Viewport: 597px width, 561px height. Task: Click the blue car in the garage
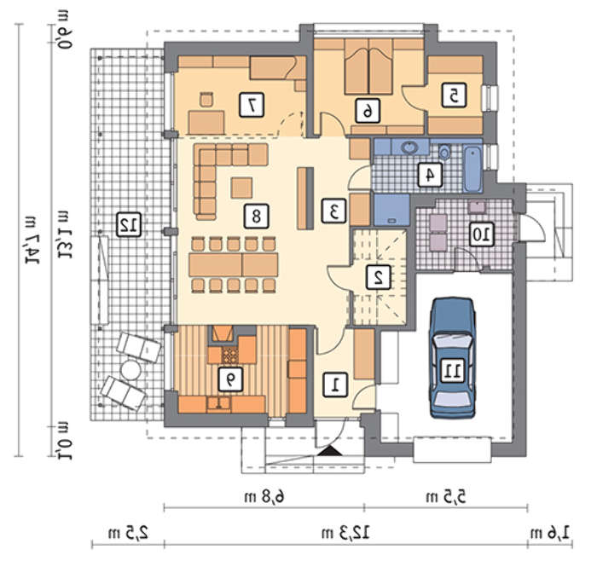[x=453, y=358]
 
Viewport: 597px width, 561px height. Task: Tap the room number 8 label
[x=256, y=217]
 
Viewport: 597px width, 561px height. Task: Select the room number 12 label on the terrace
[x=129, y=224]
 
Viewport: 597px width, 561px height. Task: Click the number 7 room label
[x=252, y=105]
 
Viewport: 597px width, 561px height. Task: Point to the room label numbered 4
[x=430, y=175]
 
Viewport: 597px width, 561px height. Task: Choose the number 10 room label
[x=482, y=234]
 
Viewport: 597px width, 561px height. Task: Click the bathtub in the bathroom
[x=472, y=170]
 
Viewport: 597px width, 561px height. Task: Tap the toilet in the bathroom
[x=444, y=152]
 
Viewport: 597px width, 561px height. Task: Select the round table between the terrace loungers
[x=130, y=370]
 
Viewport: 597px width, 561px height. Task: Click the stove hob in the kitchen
[x=230, y=355]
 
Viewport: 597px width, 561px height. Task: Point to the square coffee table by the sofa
[x=241, y=188]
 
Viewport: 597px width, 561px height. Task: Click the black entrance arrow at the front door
[x=330, y=451]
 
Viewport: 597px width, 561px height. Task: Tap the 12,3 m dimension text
[x=346, y=533]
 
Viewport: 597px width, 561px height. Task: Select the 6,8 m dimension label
[x=265, y=497]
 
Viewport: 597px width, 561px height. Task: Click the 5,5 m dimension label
[x=446, y=497]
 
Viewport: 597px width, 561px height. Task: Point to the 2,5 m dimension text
[x=128, y=533]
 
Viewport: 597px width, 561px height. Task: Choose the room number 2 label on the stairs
[x=378, y=277]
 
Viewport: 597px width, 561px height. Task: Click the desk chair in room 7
[x=206, y=99]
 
